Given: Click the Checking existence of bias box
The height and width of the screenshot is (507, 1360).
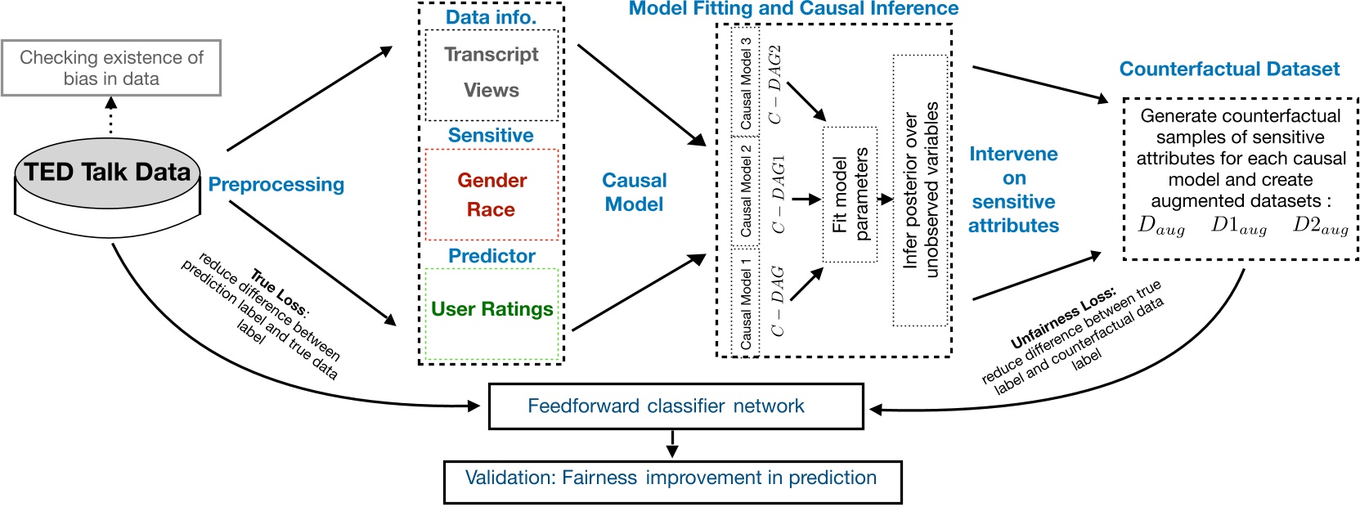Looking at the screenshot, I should click(111, 68).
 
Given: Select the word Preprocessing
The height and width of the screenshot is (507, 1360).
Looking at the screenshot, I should click(276, 185).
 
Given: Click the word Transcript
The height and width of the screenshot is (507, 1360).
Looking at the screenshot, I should click(491, 55).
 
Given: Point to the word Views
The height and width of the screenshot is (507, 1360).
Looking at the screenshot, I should click(491, 91).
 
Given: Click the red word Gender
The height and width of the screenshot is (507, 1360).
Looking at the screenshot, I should click(491, 181).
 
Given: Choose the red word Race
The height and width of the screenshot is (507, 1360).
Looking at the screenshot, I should click(491, 210).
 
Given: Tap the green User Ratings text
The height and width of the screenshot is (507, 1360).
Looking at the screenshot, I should click(491, 309).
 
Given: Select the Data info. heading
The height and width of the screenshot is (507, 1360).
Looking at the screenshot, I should click(491, 17).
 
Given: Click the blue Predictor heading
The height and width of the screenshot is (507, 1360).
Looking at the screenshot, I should click(491, 256).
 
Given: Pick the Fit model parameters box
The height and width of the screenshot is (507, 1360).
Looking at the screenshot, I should click(850, 195).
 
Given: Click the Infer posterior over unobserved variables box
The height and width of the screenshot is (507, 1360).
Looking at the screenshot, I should click(920, 191).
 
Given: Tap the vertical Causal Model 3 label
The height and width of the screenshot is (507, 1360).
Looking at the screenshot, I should click(746, 82).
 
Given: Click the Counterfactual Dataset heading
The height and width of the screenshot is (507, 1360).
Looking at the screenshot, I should click(1229, 70).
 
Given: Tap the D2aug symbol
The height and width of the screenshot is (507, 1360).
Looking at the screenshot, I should click(1320, 227).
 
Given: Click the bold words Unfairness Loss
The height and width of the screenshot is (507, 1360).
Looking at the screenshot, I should click(1062, 318).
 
